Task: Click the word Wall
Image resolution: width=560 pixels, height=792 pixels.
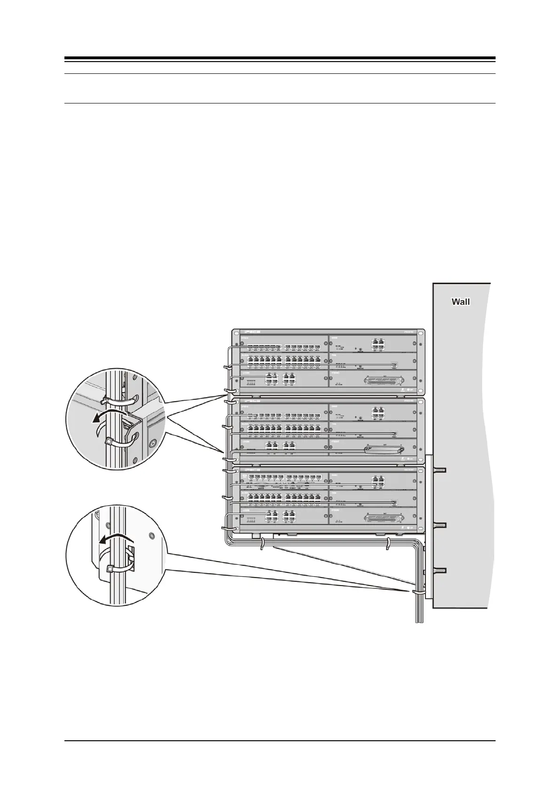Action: (460, 302)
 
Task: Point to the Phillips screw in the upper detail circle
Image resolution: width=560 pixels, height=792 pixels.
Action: (152, 443)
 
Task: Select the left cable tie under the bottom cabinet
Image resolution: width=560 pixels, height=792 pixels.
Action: (261, 544)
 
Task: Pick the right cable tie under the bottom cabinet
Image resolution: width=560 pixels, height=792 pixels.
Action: (387, 544)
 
